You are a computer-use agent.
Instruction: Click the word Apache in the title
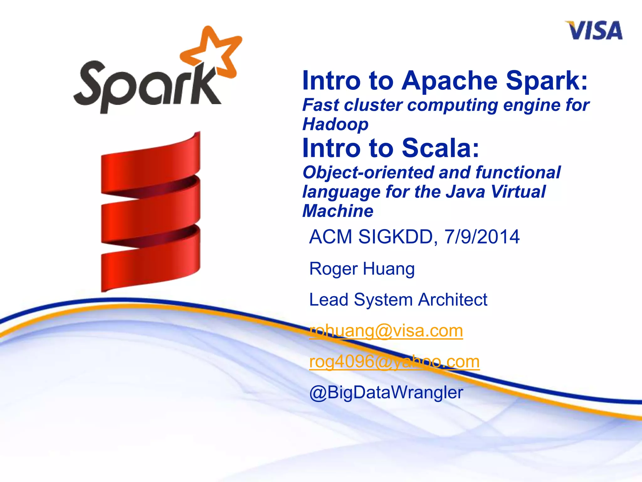[x=450, y=81]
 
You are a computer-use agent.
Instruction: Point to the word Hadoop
[x=335, y=124]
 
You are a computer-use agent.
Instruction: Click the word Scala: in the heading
[x=440, y=148]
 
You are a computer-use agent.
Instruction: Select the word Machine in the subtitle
[x=338, y=211]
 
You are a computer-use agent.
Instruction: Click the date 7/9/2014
[x=482, y=237]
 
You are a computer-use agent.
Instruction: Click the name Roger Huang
[x=362, y=269]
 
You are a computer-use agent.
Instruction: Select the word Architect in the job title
[x=453, y=299]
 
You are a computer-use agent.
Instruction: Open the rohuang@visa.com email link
[x=386, y=331]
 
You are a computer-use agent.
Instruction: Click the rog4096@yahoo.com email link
[x=394, y=361]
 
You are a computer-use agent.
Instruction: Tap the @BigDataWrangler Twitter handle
[x=386, y=392]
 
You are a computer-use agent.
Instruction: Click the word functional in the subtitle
[x=518, y=172]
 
